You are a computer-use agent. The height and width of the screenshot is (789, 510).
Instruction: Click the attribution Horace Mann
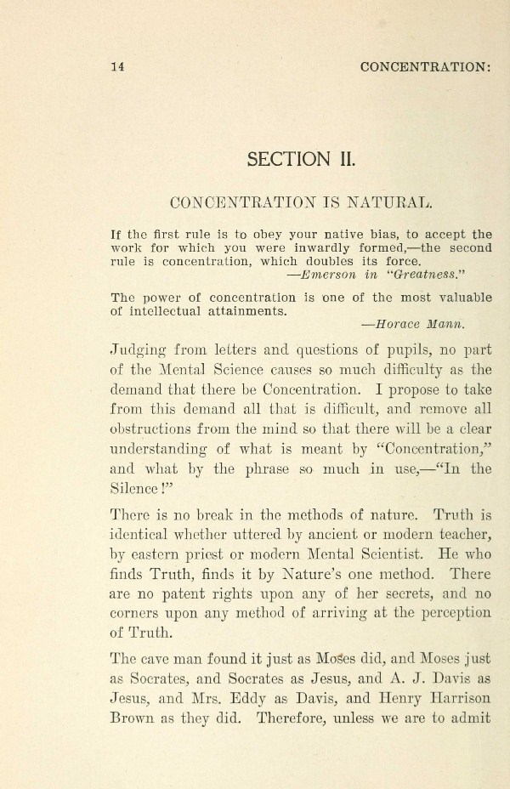click(428, 324)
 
